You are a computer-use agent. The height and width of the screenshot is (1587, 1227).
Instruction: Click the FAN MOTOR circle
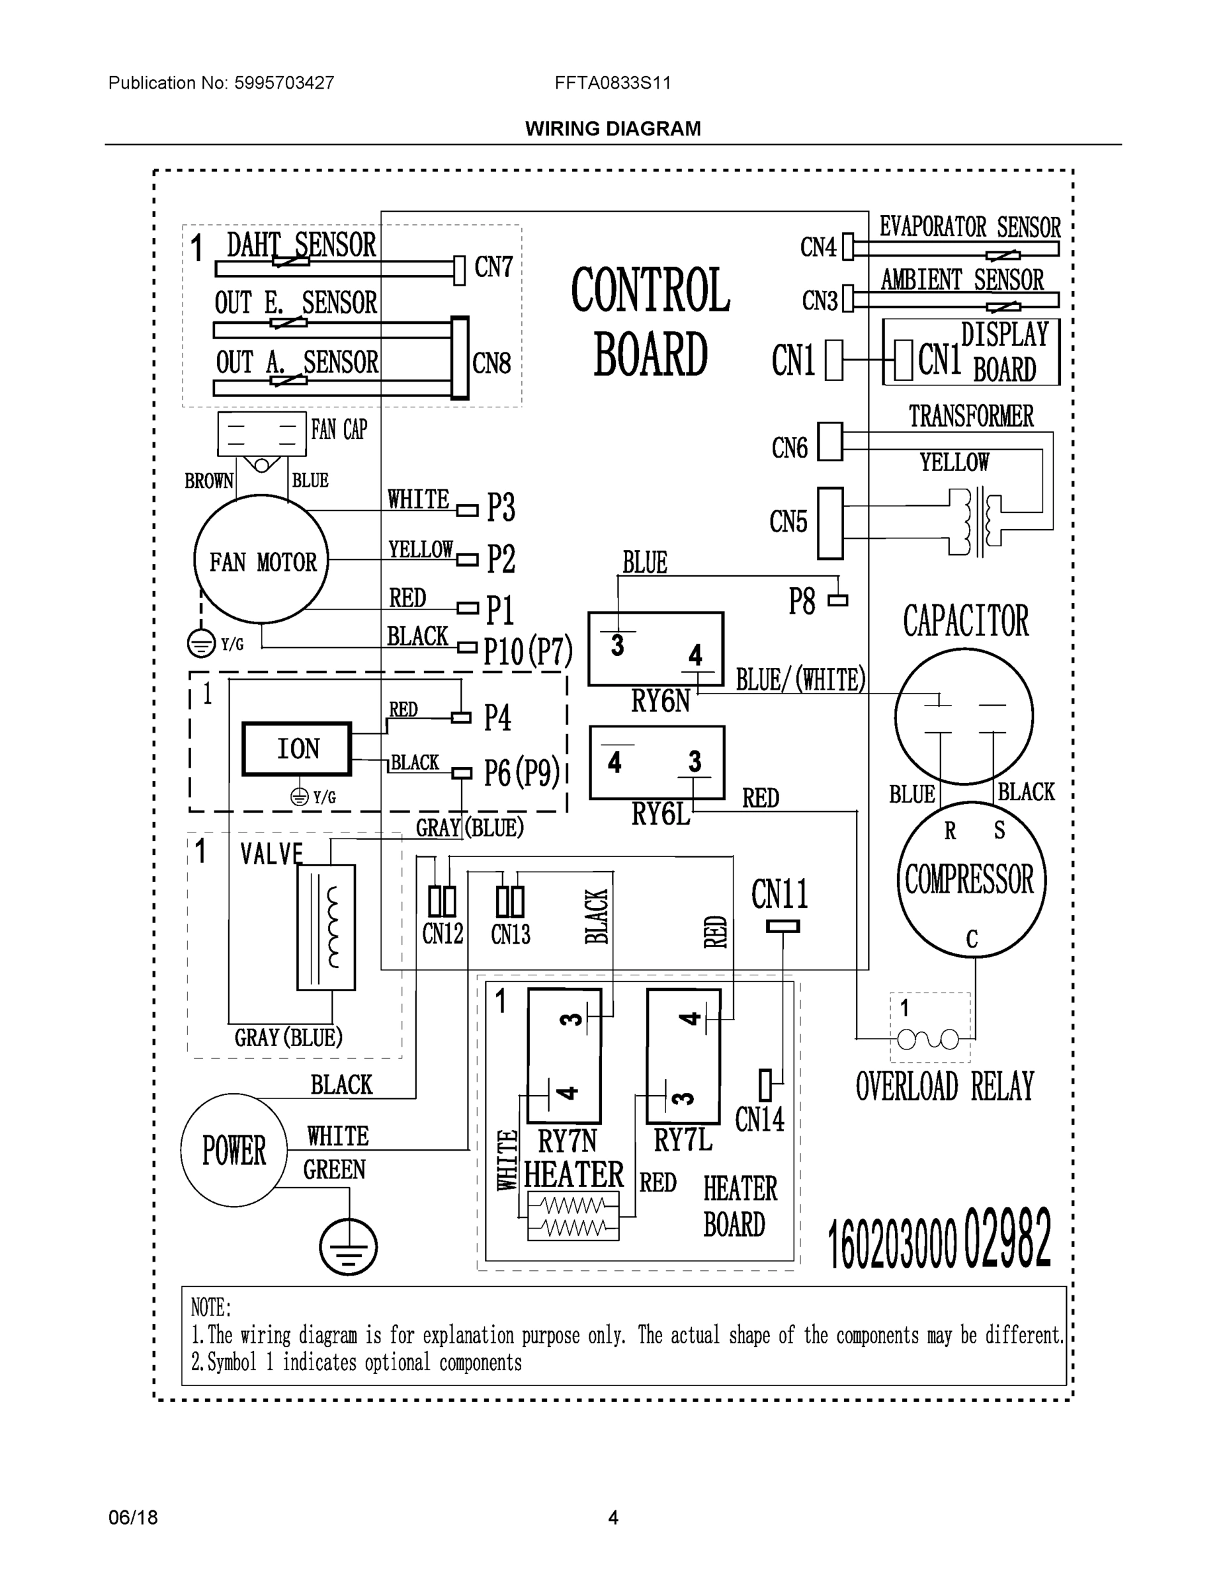(x=261, y=559)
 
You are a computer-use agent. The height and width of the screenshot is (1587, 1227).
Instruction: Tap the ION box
(x=296, y=749)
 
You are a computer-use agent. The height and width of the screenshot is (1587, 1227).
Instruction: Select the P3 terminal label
(x=501, y=507)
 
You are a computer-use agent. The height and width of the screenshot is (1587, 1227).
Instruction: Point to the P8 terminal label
(x=802, y=602)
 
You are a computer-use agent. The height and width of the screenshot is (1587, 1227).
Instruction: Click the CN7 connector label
(x=493, y=267)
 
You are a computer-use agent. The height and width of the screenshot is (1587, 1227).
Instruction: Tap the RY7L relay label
(x=683, y=1140)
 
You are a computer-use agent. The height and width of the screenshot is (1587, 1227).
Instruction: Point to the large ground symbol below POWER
(x=348, y=1247)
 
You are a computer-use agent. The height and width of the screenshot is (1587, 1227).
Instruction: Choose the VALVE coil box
(x=325, y=927)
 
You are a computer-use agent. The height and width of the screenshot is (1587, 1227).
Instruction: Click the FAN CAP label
(x=339, y=429)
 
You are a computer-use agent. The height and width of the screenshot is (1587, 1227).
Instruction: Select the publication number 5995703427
(x=284, y=83)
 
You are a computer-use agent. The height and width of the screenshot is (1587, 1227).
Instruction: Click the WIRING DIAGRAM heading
(x=613, y=129)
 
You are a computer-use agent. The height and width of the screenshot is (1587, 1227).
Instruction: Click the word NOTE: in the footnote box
(x=211, y=1308)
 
